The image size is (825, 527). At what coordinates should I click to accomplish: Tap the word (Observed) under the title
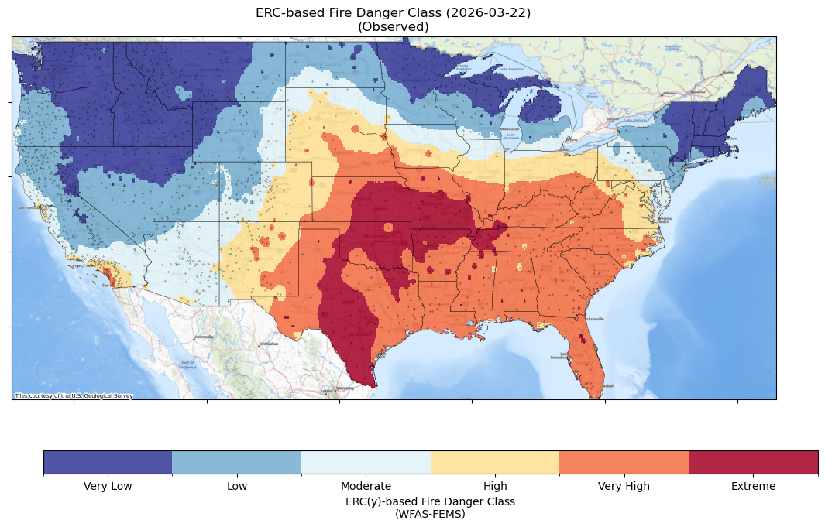click(x=393, y=26)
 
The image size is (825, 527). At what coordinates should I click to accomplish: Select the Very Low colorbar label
click(x=108, y=486)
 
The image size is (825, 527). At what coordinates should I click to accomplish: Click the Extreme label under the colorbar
click(x=753, y=486)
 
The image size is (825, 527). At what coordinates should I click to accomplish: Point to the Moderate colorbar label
click(x=366, y=486)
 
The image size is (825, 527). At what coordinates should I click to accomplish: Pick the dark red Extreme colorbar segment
click(x=753, y=462)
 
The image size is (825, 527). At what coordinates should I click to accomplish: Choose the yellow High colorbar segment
click(x=494, y=462)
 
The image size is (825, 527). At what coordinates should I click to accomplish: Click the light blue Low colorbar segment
click(x=236, y=462)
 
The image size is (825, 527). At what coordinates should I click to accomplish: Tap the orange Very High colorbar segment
click(x=624, y=462)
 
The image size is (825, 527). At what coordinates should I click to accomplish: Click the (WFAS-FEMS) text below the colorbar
click(x=430, y=513)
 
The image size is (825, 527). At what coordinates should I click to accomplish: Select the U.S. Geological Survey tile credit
click(x=74, y=395)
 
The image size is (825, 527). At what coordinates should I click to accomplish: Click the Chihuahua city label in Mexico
click(x=269, y=344)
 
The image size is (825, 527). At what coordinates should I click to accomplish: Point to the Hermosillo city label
click(x=204, y=337)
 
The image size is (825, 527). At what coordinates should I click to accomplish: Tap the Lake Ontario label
click(x=638, y=120)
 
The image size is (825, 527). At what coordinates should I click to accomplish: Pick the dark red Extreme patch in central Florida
click(x=583, y=338)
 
